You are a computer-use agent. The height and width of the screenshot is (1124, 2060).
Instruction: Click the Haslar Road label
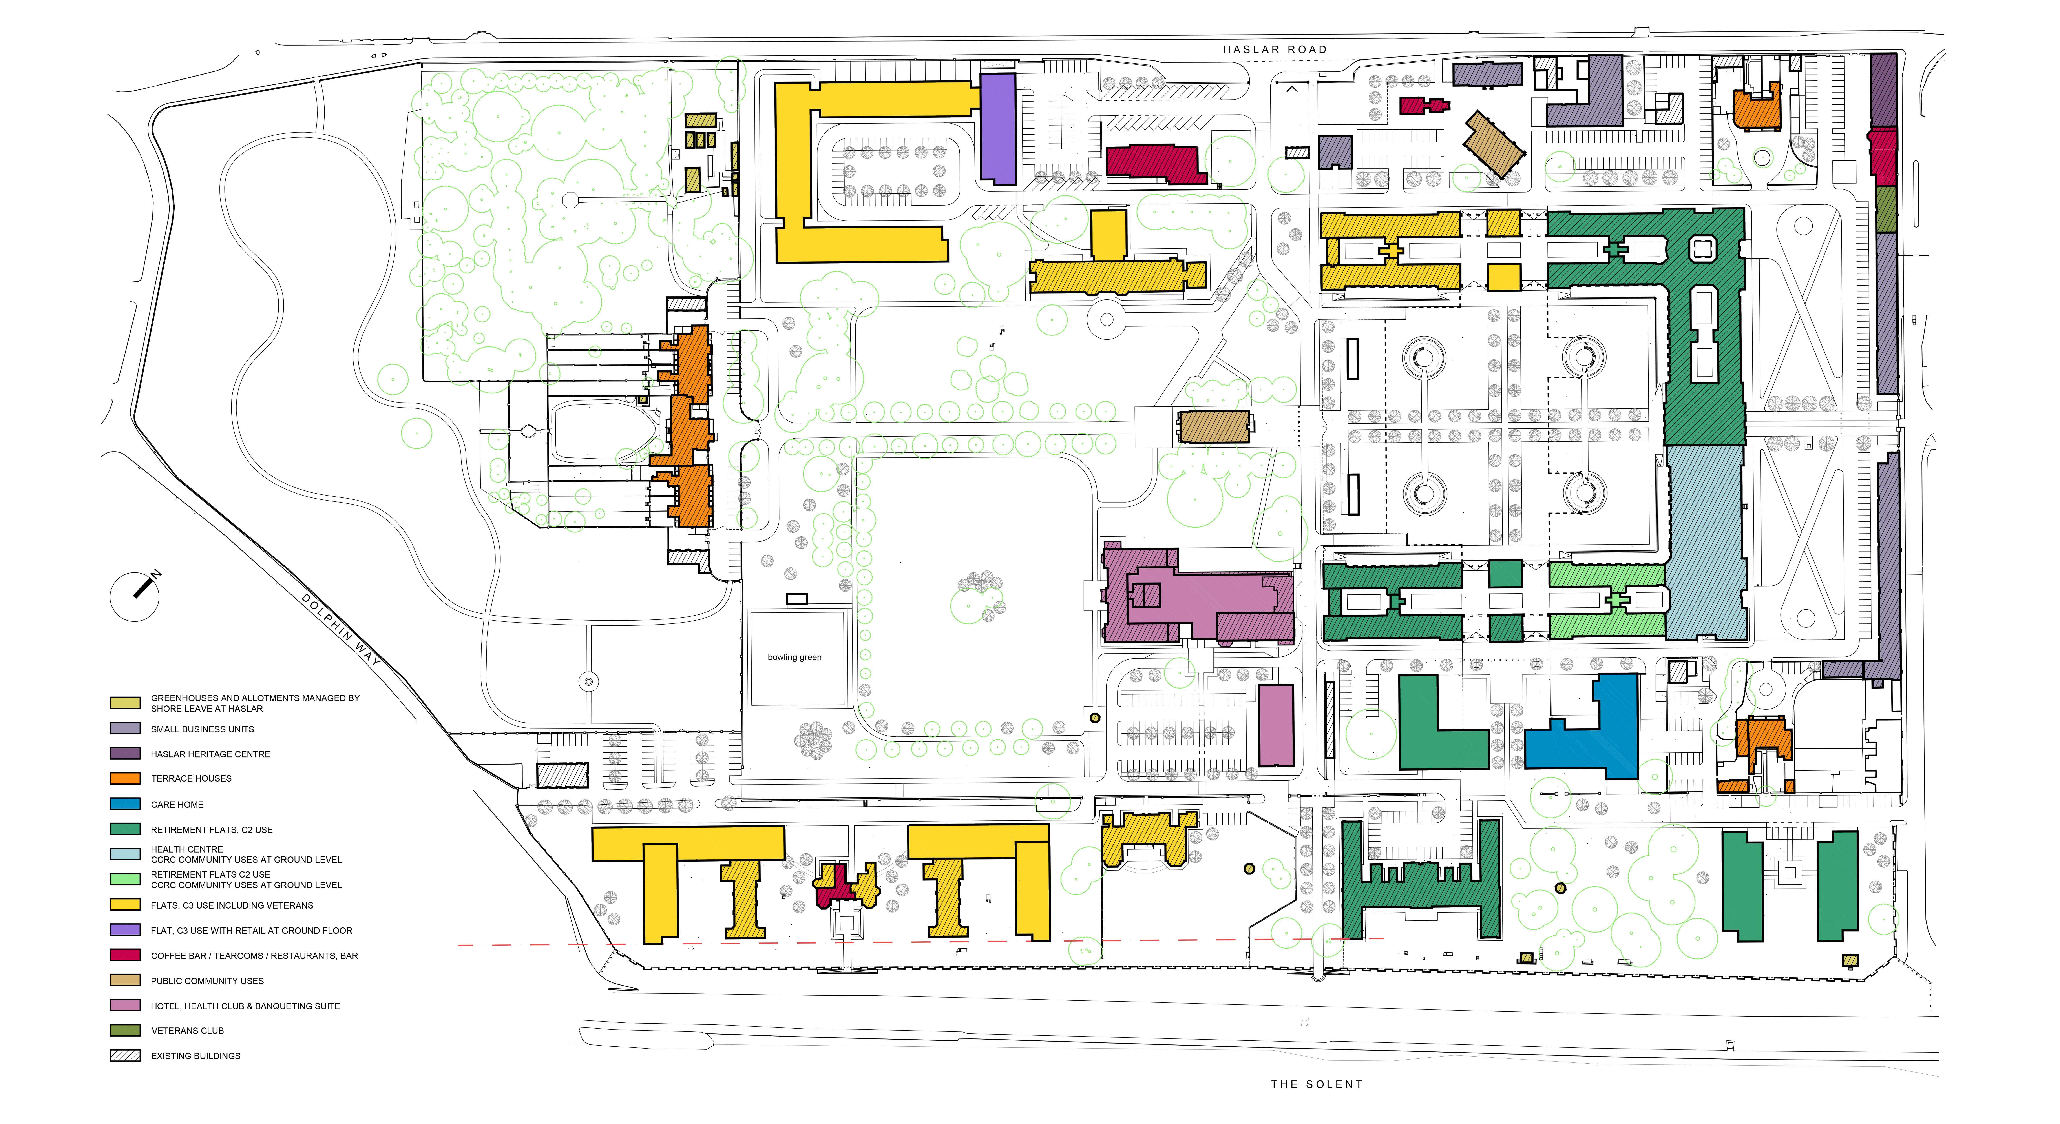[x=1275, y=49]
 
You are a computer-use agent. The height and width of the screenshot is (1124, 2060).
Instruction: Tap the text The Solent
[x=1316, y=1084]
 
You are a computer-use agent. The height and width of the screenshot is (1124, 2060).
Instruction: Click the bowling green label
[x=794, y=657]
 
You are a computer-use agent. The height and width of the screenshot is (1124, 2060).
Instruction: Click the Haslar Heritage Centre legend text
[x=210, y=754]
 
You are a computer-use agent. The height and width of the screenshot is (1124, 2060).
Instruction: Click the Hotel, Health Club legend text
[x=245, y=1006]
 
